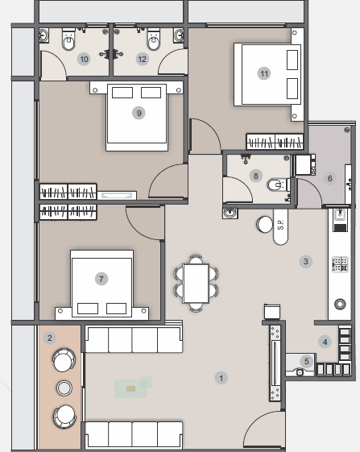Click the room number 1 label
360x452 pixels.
click(221, 378)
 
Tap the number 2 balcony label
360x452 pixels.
click(50, 338)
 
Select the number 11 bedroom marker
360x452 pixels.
click(264, 73)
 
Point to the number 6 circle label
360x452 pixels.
click(329, 178)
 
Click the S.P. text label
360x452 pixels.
click(281, 225)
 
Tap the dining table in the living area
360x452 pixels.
click(196, 284)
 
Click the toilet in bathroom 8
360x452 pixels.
click(276, 185)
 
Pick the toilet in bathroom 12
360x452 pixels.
click(154, 39)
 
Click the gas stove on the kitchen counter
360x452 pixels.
click(340, 264)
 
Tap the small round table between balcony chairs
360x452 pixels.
click(64, 388)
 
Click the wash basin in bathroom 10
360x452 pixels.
click(43, 35)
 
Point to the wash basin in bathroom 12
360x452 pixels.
click(179, 35)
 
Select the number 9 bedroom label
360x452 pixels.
click(139, 113)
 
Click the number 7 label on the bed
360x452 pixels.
click(101, 279)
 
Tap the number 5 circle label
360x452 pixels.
click(306, 361)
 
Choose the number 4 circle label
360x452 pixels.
click(325, 342)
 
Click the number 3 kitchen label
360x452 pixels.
click(306, 262)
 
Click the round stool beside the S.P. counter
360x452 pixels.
click(265, 224)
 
